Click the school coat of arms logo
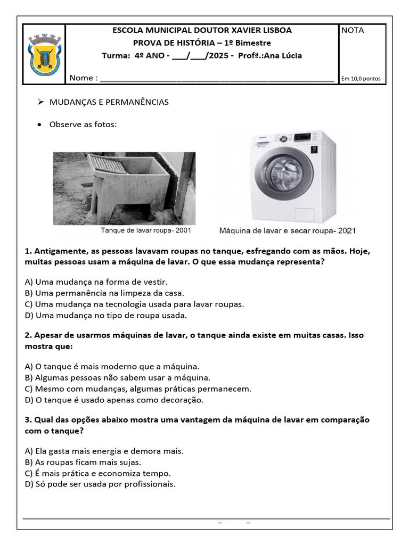click(44, 54)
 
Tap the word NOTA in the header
click(353, 30)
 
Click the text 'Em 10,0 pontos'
click(361, 79)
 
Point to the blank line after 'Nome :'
click(217, 79)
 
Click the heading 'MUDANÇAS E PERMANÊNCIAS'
click(109, 102)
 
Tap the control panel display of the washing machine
click(302, 137)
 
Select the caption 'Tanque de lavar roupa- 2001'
click(146, 230)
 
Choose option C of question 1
click(134, 304)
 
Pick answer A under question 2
click(112, 366)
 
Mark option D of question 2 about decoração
click(114, 400)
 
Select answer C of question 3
click(105, 473)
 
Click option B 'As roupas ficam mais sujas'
click(83, 462)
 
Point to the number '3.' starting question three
click(28, 420)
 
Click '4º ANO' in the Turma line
click(152, 56)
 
